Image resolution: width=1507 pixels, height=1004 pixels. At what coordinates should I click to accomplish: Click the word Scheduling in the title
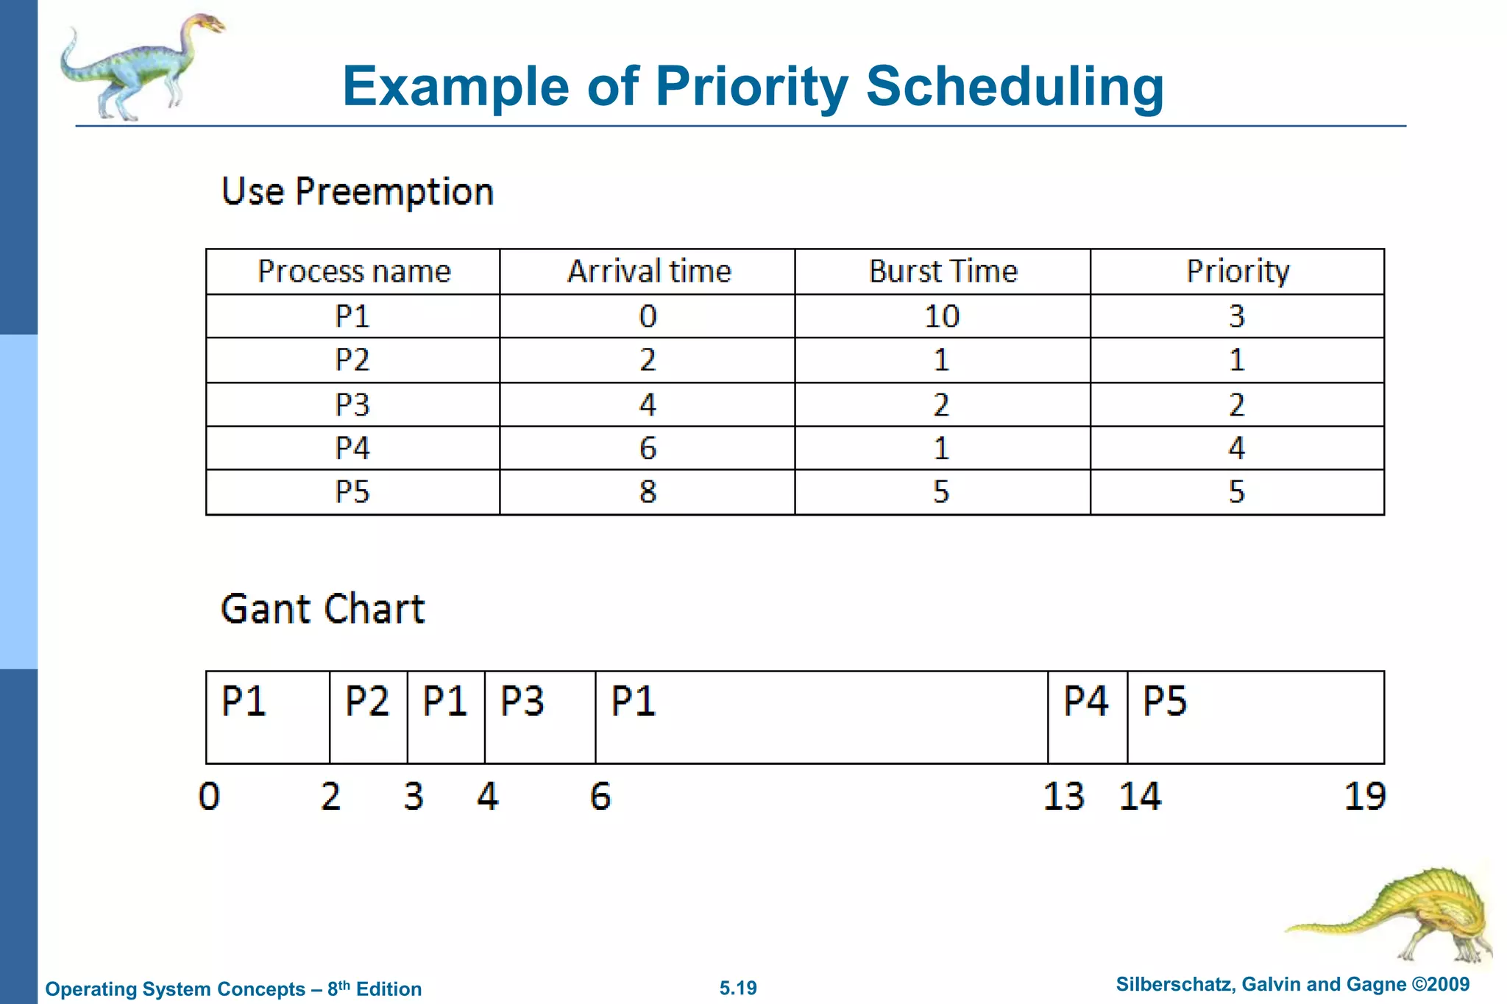tap(1014, 87)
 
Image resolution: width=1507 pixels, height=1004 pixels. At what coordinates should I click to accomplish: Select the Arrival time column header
tap(648, 271)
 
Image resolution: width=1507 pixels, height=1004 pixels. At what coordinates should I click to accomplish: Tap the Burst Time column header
tap(943, 271)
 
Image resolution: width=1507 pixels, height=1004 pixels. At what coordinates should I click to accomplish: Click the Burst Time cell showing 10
tap(942, 316)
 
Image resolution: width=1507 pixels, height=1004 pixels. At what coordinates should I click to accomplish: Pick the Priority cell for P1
tap(1236, 316)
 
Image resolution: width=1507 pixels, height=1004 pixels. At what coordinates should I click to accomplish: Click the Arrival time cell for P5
tap(648, 491)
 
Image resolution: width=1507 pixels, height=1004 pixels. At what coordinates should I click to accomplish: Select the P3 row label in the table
tap(352, 405)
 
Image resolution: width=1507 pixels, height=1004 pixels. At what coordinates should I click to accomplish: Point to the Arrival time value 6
tap(648, 448)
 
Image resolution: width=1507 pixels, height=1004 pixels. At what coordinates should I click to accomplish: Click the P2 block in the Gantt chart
tap(368, 716)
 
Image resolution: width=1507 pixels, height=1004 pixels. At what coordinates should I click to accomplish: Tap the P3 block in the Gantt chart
tap(539, 716)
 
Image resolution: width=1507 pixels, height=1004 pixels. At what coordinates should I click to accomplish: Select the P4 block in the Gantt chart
tap(1087, 716)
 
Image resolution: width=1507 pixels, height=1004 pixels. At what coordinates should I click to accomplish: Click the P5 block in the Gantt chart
tap(1255, 716)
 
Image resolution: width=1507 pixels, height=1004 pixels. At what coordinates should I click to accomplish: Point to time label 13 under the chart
tap(1063, 797)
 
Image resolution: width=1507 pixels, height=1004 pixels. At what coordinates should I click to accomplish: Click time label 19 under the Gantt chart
tap(1364, 797)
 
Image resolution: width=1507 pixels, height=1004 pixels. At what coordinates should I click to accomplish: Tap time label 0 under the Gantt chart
tap(209, 797)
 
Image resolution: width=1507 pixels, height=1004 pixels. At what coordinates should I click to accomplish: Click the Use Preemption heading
tap(357, 192)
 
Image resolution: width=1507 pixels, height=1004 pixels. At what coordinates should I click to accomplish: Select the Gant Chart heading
tap(322, 609)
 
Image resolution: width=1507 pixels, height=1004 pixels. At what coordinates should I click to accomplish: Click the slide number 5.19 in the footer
tap(738, 988)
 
